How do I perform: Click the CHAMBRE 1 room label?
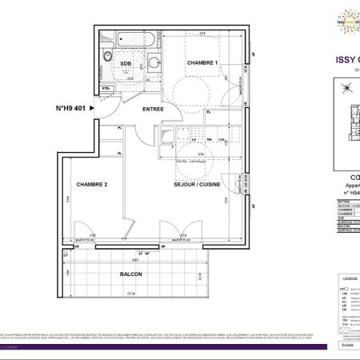click(x=202, y=63)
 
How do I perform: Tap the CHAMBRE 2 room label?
click(x=93, y=185)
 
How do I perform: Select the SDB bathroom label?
click(x=126, y=64)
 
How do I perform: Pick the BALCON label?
click(x=132, y=274)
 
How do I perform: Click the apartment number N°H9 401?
click(x=75, y=108)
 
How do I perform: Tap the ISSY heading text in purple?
click(x=342, y=58)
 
